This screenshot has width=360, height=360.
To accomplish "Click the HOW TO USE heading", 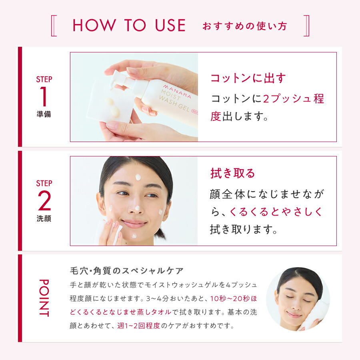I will pos(129,26).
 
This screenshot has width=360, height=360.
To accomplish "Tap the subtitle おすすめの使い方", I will pos(245,26).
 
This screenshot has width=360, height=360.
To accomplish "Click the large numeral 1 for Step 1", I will pos(44,97).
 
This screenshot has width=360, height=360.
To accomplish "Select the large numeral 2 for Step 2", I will pos(44,201).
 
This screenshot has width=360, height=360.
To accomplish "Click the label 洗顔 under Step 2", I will pos(44,219).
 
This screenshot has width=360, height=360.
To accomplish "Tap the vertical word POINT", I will pos(44,298).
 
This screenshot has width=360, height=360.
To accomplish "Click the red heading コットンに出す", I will pos(248,78).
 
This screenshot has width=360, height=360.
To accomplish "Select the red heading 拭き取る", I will pos(233,173).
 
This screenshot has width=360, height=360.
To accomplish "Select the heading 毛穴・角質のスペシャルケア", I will pos(126,271).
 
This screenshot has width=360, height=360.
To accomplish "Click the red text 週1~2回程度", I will pos(138,326).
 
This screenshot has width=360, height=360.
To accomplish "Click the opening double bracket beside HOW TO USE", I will pos(55,26).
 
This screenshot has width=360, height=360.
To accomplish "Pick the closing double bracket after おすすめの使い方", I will pos(306,26).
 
